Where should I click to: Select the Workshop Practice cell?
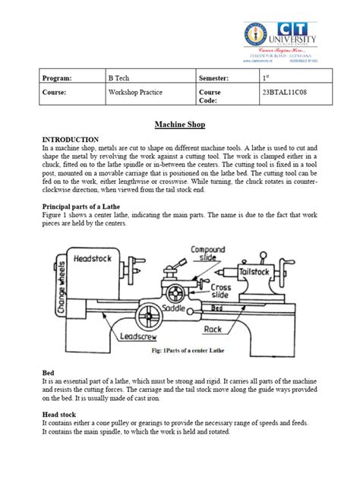click(137, 98)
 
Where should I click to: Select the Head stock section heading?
click(61, 415)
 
